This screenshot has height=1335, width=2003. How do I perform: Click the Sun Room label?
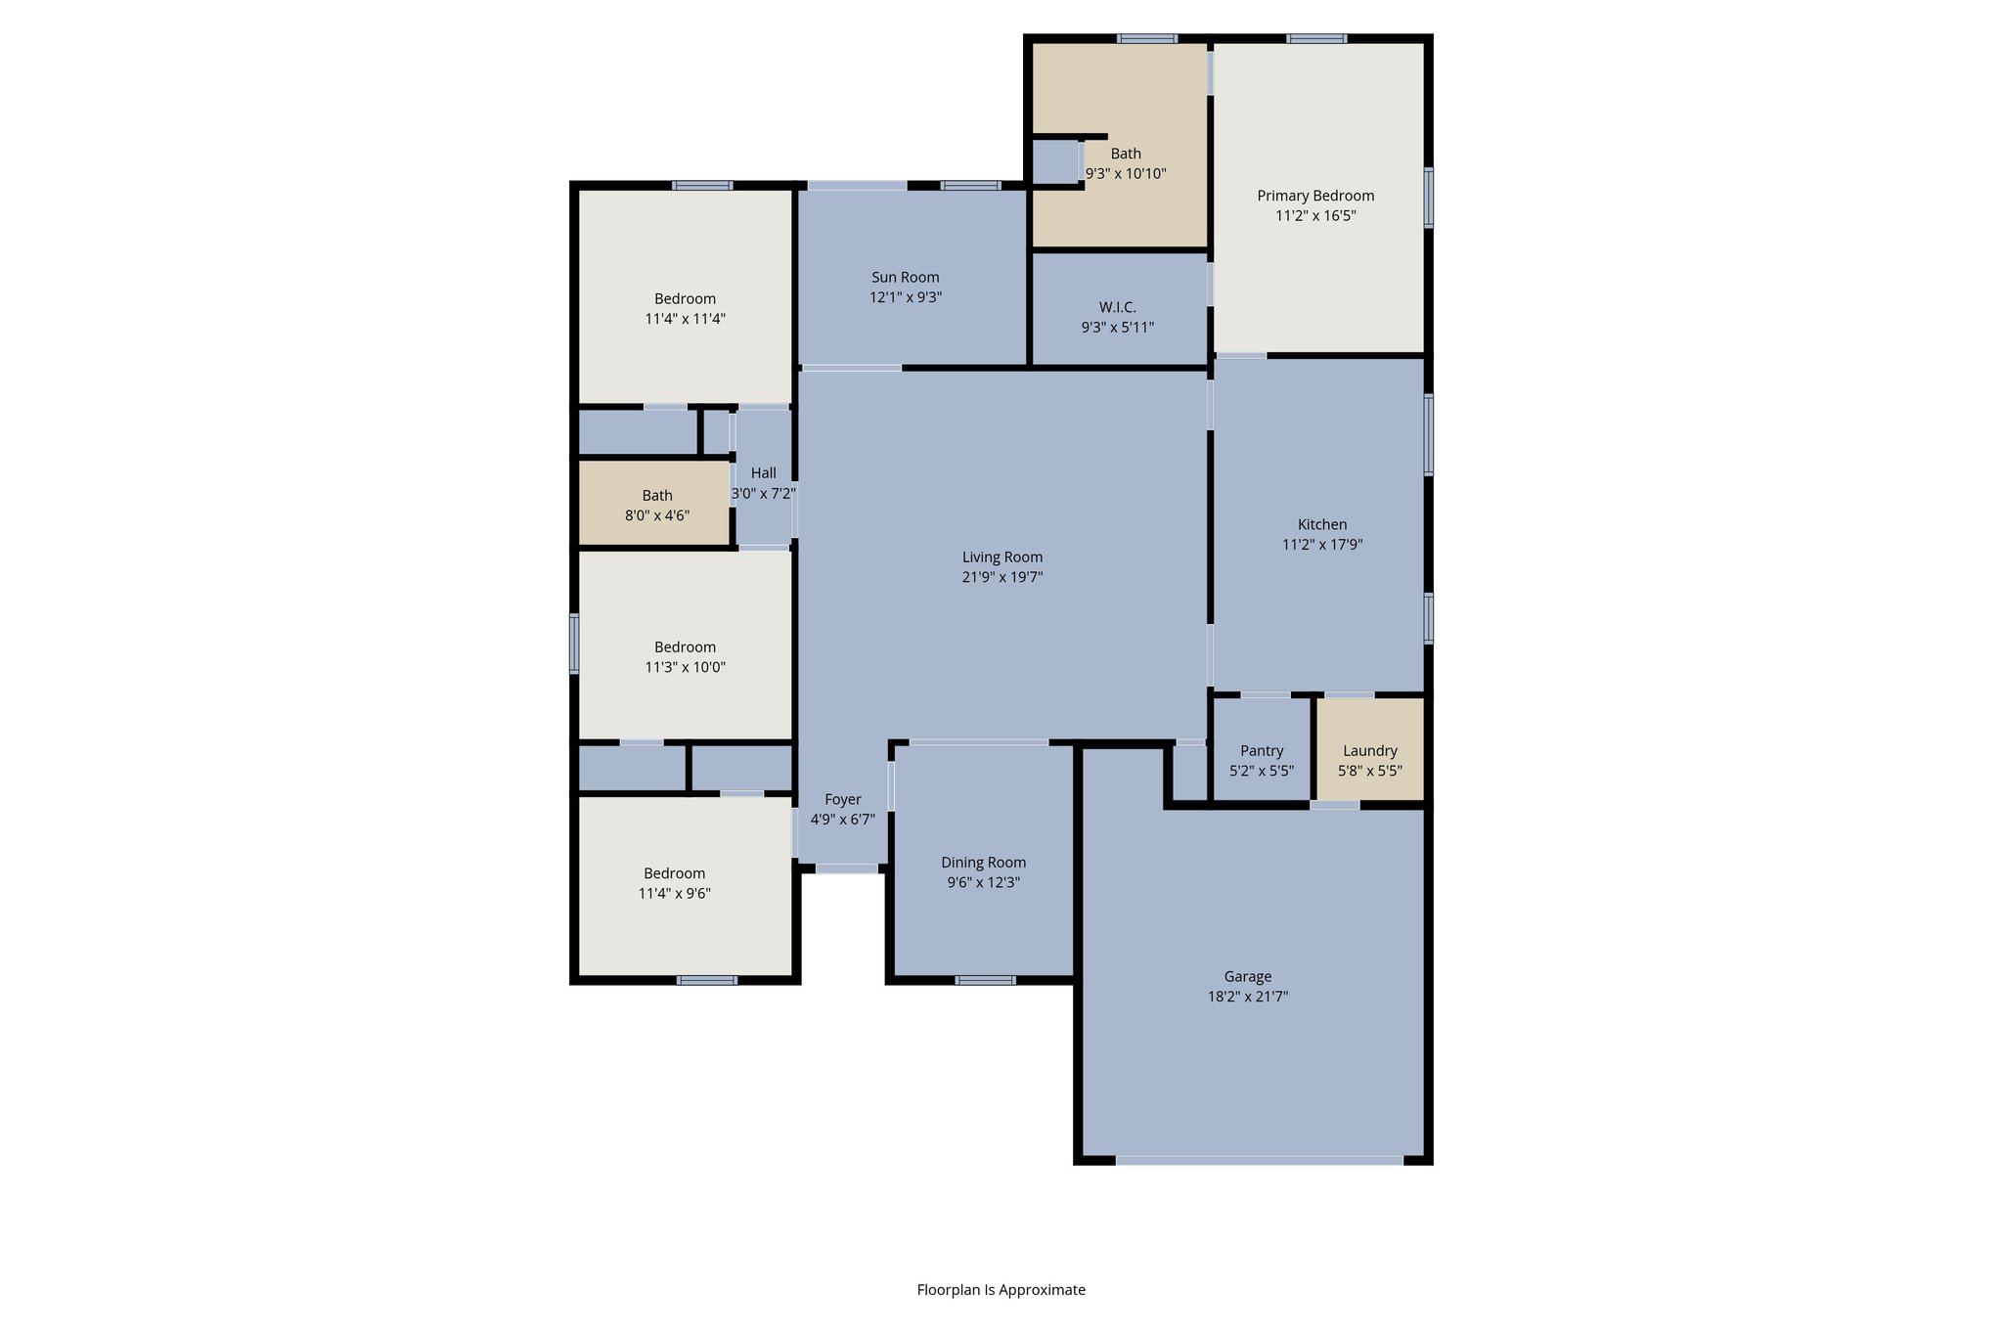(905, 278)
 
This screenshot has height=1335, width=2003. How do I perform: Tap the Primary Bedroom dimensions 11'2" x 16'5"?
(1315, 216)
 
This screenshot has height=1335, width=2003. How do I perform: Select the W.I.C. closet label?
(1117, 307)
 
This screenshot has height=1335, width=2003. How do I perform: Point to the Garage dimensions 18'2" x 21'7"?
(1247, 997)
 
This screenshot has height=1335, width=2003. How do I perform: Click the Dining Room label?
(983, 863)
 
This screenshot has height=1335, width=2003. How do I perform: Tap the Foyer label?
(842, 799)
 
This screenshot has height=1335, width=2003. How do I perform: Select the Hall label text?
(763, 473)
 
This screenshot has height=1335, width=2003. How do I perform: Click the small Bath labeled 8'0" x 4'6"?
(656, 505)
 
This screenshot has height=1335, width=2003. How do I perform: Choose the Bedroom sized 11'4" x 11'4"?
(685, 308)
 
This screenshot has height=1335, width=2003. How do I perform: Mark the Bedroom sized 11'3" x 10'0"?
(685, 656)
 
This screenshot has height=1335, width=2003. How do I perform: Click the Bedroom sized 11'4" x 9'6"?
(674, 883)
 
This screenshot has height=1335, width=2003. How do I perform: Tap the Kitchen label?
(1321, 525)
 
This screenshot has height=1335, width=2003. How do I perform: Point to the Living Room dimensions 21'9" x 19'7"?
(1001, 577)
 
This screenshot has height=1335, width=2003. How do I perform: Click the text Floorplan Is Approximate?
(1001, 1289)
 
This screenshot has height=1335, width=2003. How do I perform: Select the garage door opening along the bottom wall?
(1259, 1160)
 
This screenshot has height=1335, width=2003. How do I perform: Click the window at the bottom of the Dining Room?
(985, 980)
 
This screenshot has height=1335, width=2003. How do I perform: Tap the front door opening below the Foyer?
(846, 868)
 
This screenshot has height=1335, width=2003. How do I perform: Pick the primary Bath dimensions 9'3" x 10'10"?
(1125, 174)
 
